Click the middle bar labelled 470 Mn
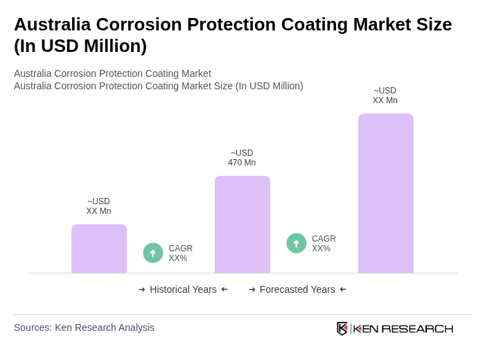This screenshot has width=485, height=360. tap(242, 224)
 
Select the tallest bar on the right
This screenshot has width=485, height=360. tap(385, 193)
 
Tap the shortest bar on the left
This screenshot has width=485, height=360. tap(98, 249)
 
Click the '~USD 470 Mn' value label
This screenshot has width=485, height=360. tap(242, 158)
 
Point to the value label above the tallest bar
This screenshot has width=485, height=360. tap(385, 96)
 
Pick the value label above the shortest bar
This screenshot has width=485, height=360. tap(98, 206)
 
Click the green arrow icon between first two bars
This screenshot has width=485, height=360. tap(153, 253)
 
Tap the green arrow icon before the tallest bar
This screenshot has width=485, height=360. tap(297, 243)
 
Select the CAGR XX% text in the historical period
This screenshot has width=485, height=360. tap(180, 253)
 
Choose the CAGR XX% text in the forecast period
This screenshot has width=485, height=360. tap(324, 244)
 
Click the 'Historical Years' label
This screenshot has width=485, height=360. tap(183, 289)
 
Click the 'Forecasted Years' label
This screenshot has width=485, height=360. tap(297, 289)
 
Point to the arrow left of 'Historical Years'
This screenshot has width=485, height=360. tap(142, 289)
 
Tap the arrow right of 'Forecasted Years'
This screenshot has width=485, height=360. tap(343, 289)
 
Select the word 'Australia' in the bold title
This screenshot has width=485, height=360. tap(52, 24)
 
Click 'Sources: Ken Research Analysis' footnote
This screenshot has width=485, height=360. tap(84, 327)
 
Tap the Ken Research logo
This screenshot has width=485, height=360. tap(395, 328)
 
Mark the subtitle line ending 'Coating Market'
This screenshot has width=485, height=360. tap(112, 73)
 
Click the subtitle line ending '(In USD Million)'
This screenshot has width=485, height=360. tap(159, 86)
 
